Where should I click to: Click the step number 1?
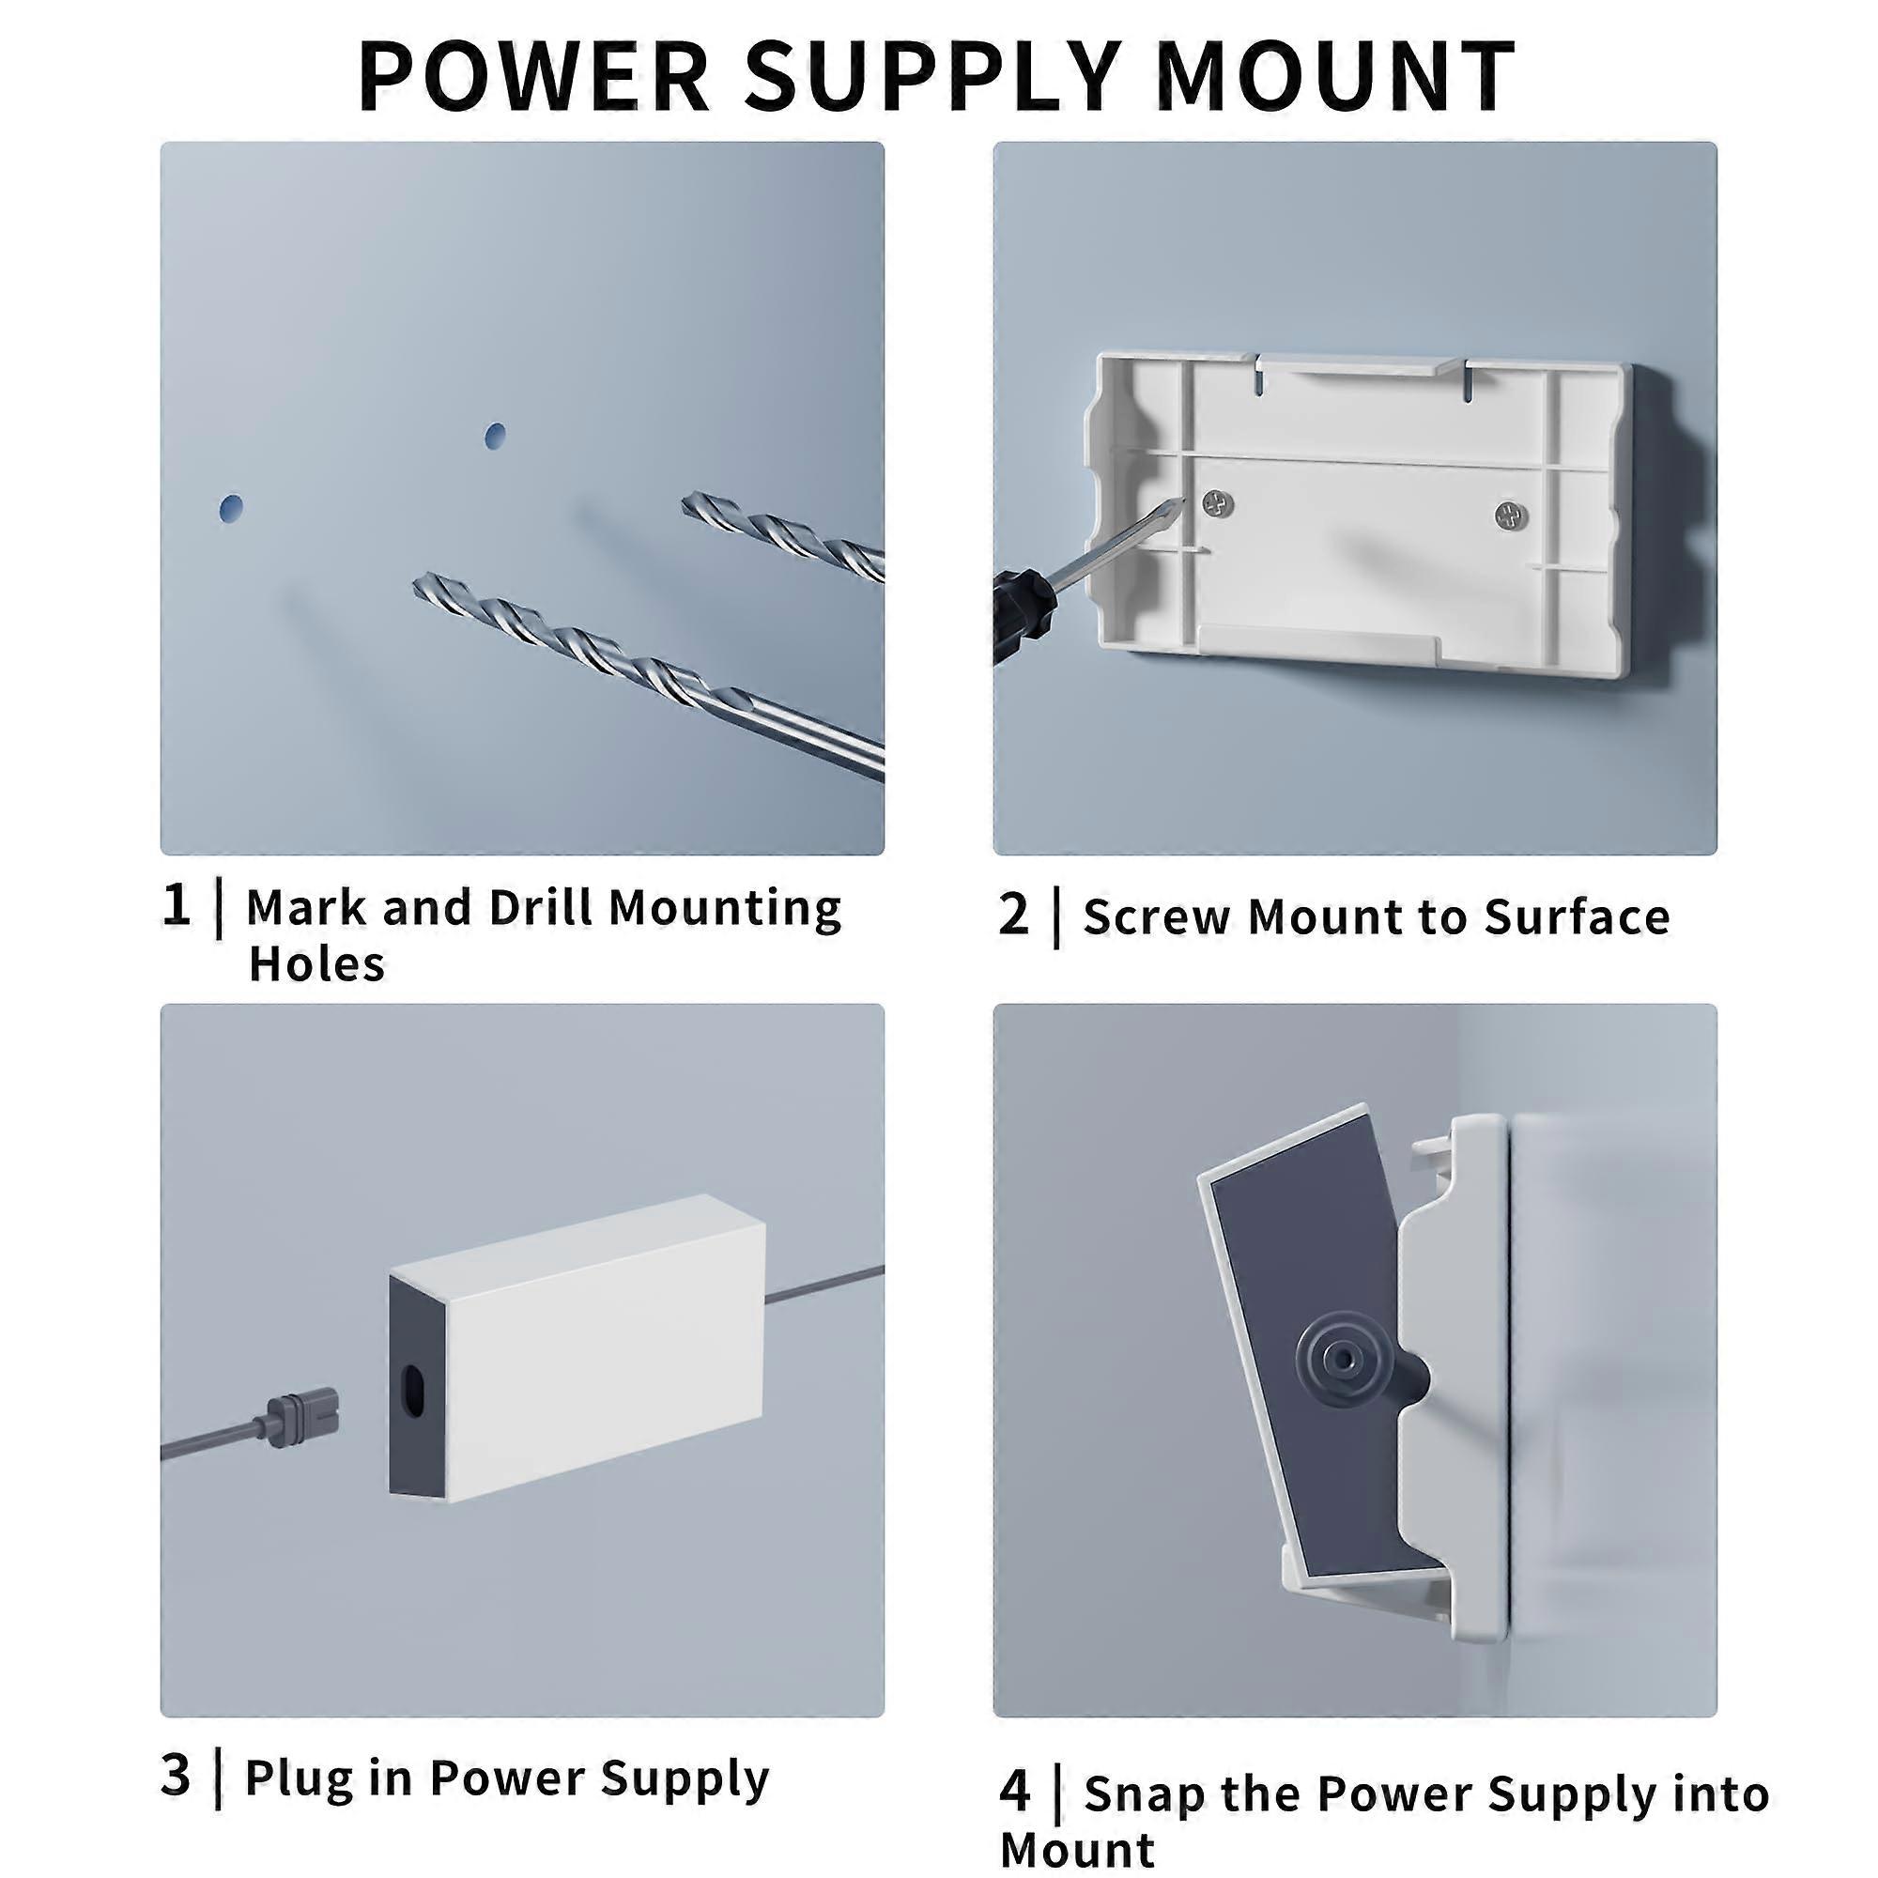coord(176,905)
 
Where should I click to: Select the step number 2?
coord(1013,915)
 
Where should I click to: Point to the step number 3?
coord(176,1775)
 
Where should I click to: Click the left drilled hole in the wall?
coord(230,508)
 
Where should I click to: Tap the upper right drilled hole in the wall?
coord(495,435)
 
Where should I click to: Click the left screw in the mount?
coord(1216,502)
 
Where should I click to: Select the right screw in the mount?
coord(1510,516)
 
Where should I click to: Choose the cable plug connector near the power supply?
coord(297,1427)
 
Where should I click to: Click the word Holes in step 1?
coord(316,964)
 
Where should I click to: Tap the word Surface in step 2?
coord(1576,916)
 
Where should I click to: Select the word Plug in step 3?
coord(299,1777)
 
